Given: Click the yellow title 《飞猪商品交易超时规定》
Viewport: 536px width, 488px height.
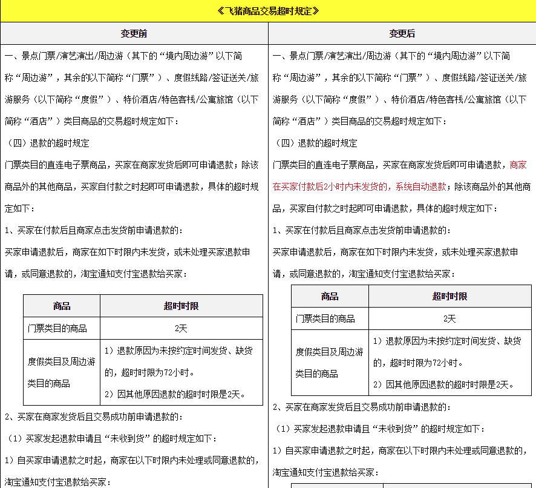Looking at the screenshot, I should pos(267,11).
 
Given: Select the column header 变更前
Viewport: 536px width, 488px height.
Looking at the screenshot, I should pos(134,33).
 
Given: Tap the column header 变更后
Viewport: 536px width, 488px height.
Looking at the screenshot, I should pos(402,33).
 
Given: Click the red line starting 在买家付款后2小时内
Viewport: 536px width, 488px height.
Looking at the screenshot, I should pos(359,186).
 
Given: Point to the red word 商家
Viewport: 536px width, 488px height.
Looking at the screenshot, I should pos(518,165).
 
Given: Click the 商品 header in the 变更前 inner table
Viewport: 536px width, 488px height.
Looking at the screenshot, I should pos(62,306).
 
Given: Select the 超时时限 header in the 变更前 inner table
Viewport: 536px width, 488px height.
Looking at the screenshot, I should pos(181,306).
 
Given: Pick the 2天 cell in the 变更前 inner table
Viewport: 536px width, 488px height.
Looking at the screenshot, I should pos(181,328).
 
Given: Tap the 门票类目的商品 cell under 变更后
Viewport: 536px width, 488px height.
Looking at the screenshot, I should pos(325,318).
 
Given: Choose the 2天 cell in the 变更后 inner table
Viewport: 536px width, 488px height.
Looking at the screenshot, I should pos(449,318).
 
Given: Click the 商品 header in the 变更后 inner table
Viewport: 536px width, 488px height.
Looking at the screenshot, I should pos(330,296).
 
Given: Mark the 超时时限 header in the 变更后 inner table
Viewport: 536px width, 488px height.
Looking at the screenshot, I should pos(449,296).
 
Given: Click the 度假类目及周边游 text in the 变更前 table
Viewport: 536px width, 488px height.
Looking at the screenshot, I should pos(62,362).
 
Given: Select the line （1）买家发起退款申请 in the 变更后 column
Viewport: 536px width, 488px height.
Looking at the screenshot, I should pos(380,429).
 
